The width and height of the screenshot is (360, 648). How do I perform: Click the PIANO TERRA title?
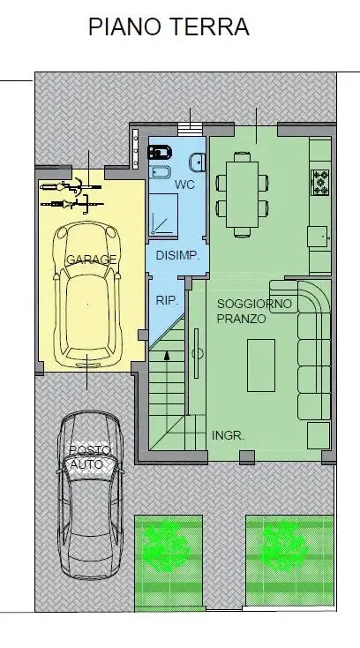169,26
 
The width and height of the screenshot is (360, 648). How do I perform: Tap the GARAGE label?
91,260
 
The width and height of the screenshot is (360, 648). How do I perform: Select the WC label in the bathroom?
184,185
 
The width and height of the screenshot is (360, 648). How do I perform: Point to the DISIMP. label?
177,255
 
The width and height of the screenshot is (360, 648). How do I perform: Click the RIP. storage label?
167,300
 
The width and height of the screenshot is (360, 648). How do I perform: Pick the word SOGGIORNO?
254,304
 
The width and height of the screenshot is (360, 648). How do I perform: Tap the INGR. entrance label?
228,435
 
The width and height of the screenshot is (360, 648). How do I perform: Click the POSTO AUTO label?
90,457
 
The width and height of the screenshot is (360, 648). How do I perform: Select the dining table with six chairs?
243,194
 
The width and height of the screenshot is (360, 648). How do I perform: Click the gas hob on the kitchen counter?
320,182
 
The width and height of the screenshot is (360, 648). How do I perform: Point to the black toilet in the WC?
160,153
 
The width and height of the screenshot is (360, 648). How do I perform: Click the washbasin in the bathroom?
198,162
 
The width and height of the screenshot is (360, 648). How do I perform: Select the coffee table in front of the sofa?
261,365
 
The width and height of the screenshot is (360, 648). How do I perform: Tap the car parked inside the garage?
87,294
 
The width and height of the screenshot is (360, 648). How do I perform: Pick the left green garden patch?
169,562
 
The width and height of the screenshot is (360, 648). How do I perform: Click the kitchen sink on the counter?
319,237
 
